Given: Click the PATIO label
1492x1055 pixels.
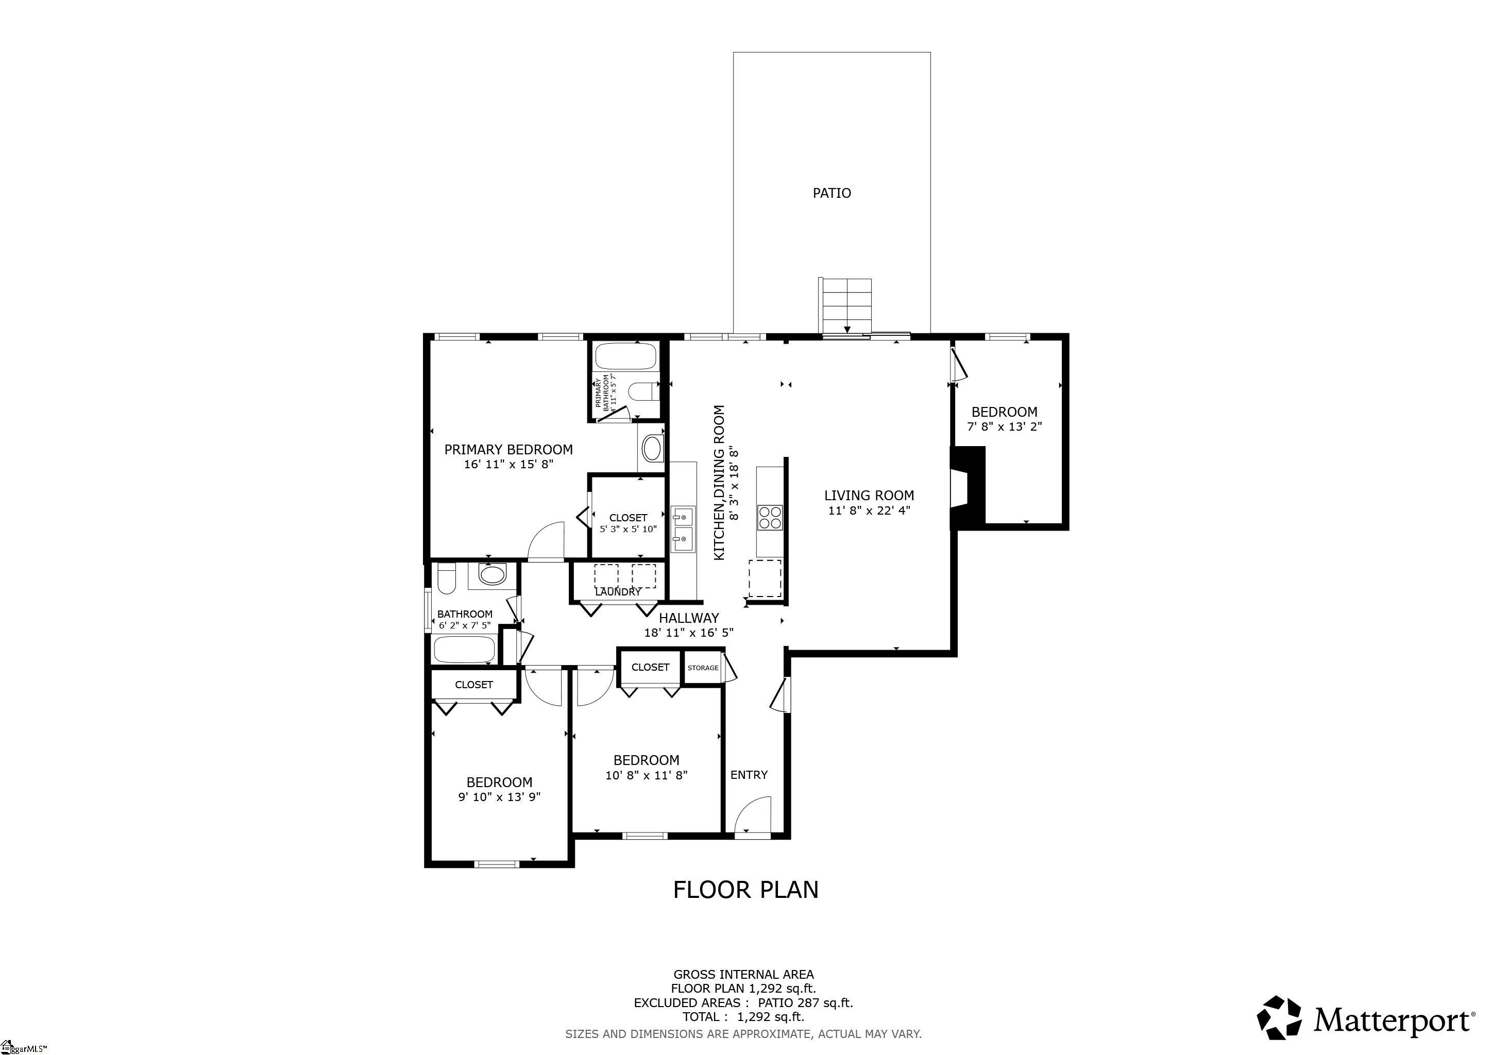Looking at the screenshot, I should [831, 193].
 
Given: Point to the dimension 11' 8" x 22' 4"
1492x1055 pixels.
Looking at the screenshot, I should [869, 511].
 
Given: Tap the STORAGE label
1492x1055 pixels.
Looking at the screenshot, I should [703, 668].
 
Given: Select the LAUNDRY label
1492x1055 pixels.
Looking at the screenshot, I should [618, 592].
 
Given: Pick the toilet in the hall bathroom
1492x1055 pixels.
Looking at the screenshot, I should [446, 579].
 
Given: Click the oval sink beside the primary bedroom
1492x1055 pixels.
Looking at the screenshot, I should [652, 448].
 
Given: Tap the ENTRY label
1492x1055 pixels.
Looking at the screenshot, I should [749, 775].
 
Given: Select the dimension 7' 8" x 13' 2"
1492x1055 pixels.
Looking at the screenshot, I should [1004, 427].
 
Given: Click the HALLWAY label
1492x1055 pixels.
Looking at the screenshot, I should [689, 618].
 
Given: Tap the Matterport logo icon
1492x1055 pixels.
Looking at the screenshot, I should [1279, 1017].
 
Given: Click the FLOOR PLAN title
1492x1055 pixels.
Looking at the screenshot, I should [745, 889].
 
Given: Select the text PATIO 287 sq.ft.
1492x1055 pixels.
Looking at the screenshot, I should [805, 1002].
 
